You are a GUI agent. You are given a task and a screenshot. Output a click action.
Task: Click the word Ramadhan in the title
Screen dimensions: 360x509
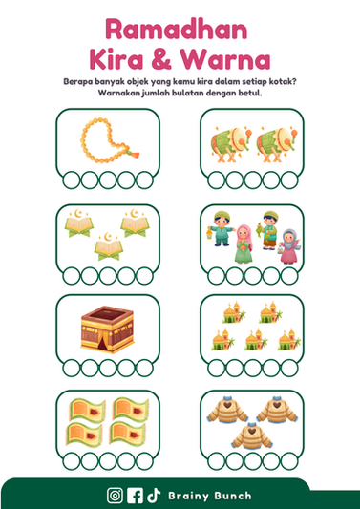point(177,30)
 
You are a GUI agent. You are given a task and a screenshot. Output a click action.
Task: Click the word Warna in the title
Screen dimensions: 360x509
point(224,59)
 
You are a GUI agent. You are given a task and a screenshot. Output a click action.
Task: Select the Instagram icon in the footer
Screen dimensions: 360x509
point(115,496)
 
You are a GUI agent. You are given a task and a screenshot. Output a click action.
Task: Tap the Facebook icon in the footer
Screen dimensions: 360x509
point(135,496)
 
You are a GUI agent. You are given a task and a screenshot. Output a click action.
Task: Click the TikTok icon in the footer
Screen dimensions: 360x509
point(154,496)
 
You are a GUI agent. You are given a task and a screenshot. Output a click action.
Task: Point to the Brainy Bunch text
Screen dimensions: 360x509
point(210,496)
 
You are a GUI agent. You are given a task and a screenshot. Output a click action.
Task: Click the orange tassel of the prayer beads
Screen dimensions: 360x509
point(134,153)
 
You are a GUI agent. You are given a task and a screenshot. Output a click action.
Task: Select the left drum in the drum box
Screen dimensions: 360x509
point(230,142)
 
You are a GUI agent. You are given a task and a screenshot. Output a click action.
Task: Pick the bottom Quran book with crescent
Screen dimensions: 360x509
point(109,246)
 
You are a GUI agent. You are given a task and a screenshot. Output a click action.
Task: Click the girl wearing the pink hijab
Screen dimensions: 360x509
point(244,244)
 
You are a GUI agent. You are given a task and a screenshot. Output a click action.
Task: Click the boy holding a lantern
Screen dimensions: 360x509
point(221,228)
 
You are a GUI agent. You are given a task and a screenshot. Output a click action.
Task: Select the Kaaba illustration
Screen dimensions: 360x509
point(107,329)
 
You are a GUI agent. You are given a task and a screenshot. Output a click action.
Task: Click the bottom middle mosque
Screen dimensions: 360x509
point(256,340)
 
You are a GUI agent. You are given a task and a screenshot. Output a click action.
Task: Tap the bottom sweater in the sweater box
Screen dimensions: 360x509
point(252,436)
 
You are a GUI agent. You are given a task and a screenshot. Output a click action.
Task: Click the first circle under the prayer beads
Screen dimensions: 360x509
point(71,180)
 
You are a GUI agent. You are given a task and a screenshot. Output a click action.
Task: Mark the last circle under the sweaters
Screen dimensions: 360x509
point(289,461)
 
